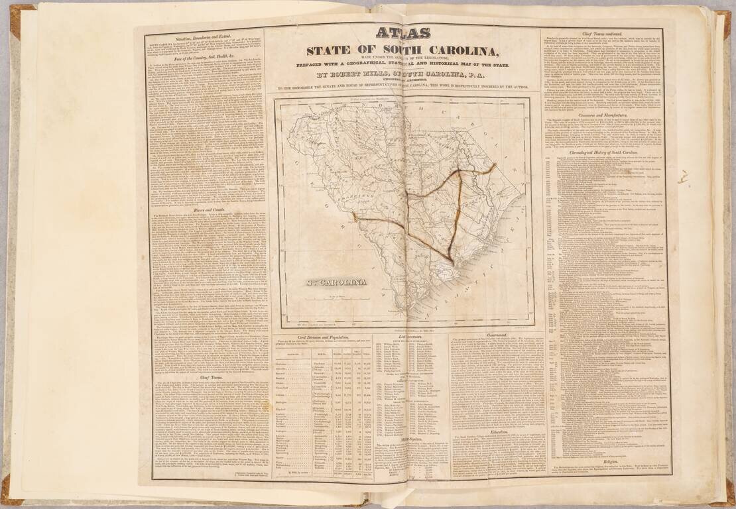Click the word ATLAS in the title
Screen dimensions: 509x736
pyautogui.click(x=402, y=33)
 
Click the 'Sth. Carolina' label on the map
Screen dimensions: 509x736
pyautogui.click(x=337, y=281)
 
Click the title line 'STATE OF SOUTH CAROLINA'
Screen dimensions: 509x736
pyautogui.click(x=402, y=52)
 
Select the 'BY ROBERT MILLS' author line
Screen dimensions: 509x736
pyautogui.click(x=402, y=75)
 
